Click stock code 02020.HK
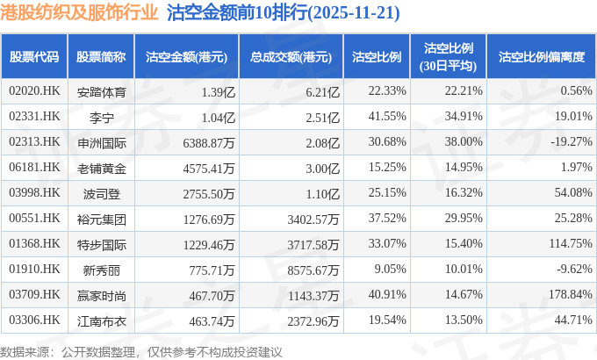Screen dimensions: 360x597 point(34,90)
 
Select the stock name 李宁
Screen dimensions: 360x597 point(101,116)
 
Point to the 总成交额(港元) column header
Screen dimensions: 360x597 point(291,57)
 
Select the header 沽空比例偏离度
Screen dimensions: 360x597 point(541,57)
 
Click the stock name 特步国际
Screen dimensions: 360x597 point(101,245)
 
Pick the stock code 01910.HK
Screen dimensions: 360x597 point(34,271)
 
